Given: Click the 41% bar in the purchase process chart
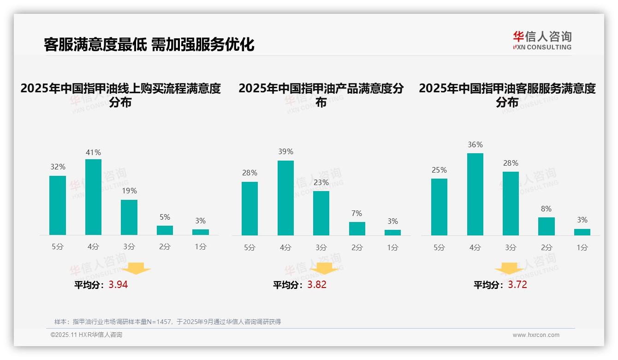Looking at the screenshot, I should (x=93, y=197).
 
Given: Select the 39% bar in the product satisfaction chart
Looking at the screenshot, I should (x=285, y=198).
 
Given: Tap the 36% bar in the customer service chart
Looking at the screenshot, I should (x=475, y=194).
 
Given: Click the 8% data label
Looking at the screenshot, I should (x=546, y=209).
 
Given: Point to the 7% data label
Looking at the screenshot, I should (x=357, y=213).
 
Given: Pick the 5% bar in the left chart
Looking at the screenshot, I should (x=165, y=230).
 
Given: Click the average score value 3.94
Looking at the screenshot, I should (x=118, y=285).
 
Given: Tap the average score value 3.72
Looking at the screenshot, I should (x=517, y=285).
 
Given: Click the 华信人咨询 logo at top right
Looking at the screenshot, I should (x=542, y=40).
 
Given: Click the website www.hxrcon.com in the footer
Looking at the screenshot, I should (x=535, y=335).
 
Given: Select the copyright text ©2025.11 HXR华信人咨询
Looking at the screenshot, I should (x=86, y=335).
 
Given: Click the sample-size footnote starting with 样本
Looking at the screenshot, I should (x=167, y=322).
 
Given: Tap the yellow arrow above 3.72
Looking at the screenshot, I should (x=509, y=269).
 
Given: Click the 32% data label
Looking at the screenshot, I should (x=58, y=167).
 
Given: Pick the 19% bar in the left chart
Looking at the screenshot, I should (x=129, y=217).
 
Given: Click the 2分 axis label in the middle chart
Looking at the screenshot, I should (x=357, y=247).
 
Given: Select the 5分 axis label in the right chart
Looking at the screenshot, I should (x=439, y=247).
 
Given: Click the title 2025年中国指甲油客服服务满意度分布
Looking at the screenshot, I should (x=507, y=95).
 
